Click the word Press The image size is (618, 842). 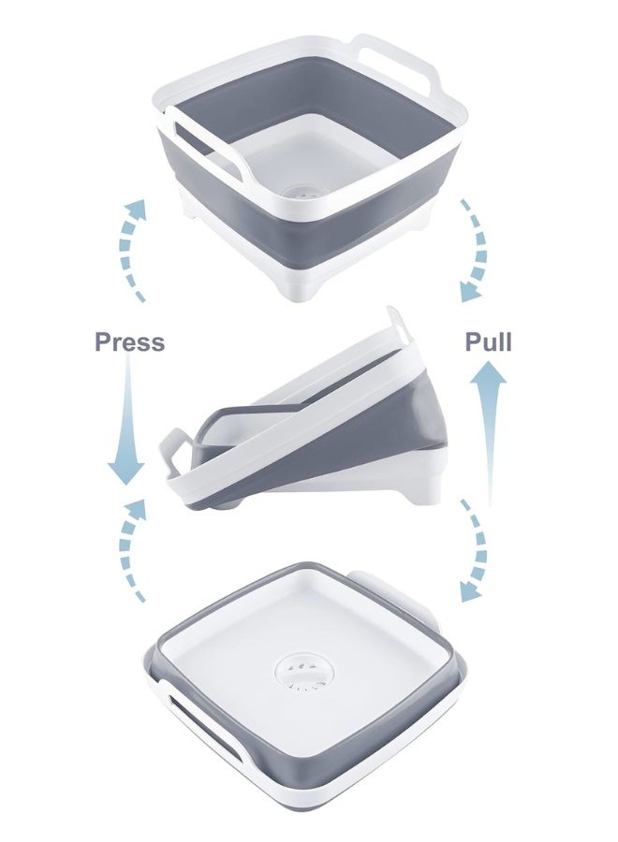129,341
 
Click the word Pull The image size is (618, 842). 489,341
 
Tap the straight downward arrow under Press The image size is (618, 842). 127,421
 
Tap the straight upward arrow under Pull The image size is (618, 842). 489,421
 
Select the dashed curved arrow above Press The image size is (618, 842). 131,248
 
